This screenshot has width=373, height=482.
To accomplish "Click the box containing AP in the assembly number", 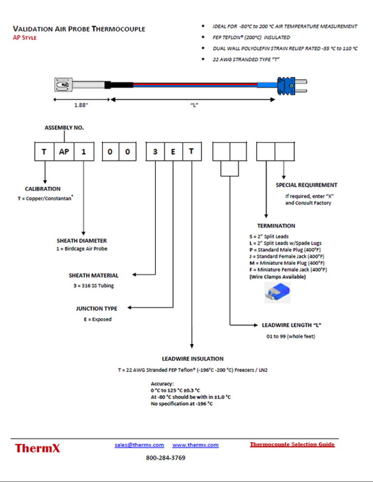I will (64, 151).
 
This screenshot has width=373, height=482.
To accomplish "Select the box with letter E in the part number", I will (173, 151).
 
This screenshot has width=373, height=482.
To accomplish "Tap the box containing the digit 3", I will (155, 151).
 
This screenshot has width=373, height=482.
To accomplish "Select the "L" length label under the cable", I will (193, 105).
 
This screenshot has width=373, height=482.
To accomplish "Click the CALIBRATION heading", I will (43, 189).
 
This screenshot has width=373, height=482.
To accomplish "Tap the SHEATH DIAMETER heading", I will (82, 241).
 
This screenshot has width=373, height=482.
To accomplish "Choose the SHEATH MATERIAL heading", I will (93, 275).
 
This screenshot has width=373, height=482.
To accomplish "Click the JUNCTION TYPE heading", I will (96, 308).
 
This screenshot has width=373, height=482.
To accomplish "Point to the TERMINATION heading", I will (276, 226).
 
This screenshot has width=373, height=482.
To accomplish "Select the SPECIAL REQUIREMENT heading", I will (306, 185).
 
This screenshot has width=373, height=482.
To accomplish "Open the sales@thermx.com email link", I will (139, 445).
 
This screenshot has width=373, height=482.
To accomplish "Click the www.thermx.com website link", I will (195, 445).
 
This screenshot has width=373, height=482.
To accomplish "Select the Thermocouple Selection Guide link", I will (292, 444).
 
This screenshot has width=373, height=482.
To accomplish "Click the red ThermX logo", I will (38, 448).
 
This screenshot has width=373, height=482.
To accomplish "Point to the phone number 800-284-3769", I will (166, 458).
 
